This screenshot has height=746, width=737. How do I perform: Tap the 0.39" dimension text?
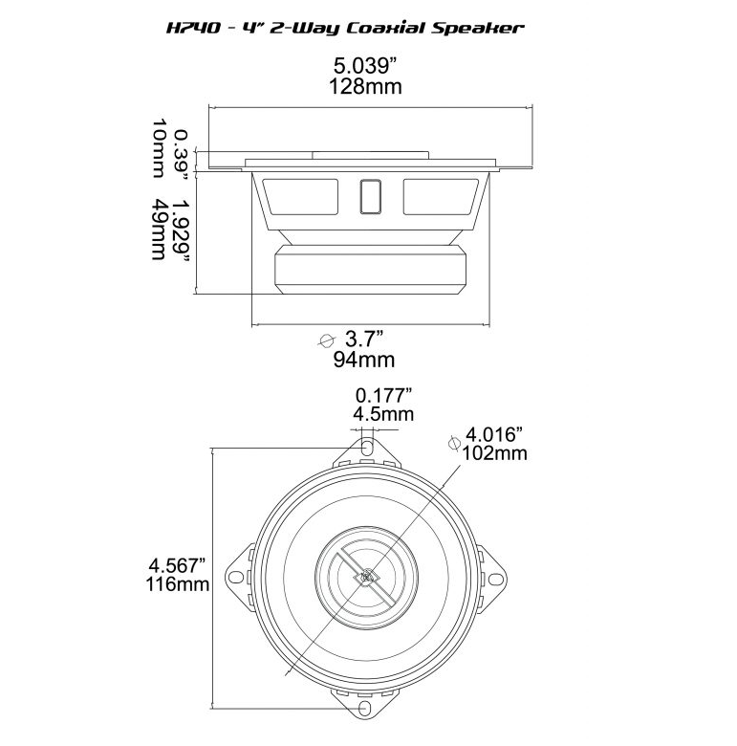coord(180,150)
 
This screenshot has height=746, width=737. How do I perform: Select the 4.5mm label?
coord(383,414)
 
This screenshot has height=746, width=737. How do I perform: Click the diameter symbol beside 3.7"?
coord(327,340)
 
